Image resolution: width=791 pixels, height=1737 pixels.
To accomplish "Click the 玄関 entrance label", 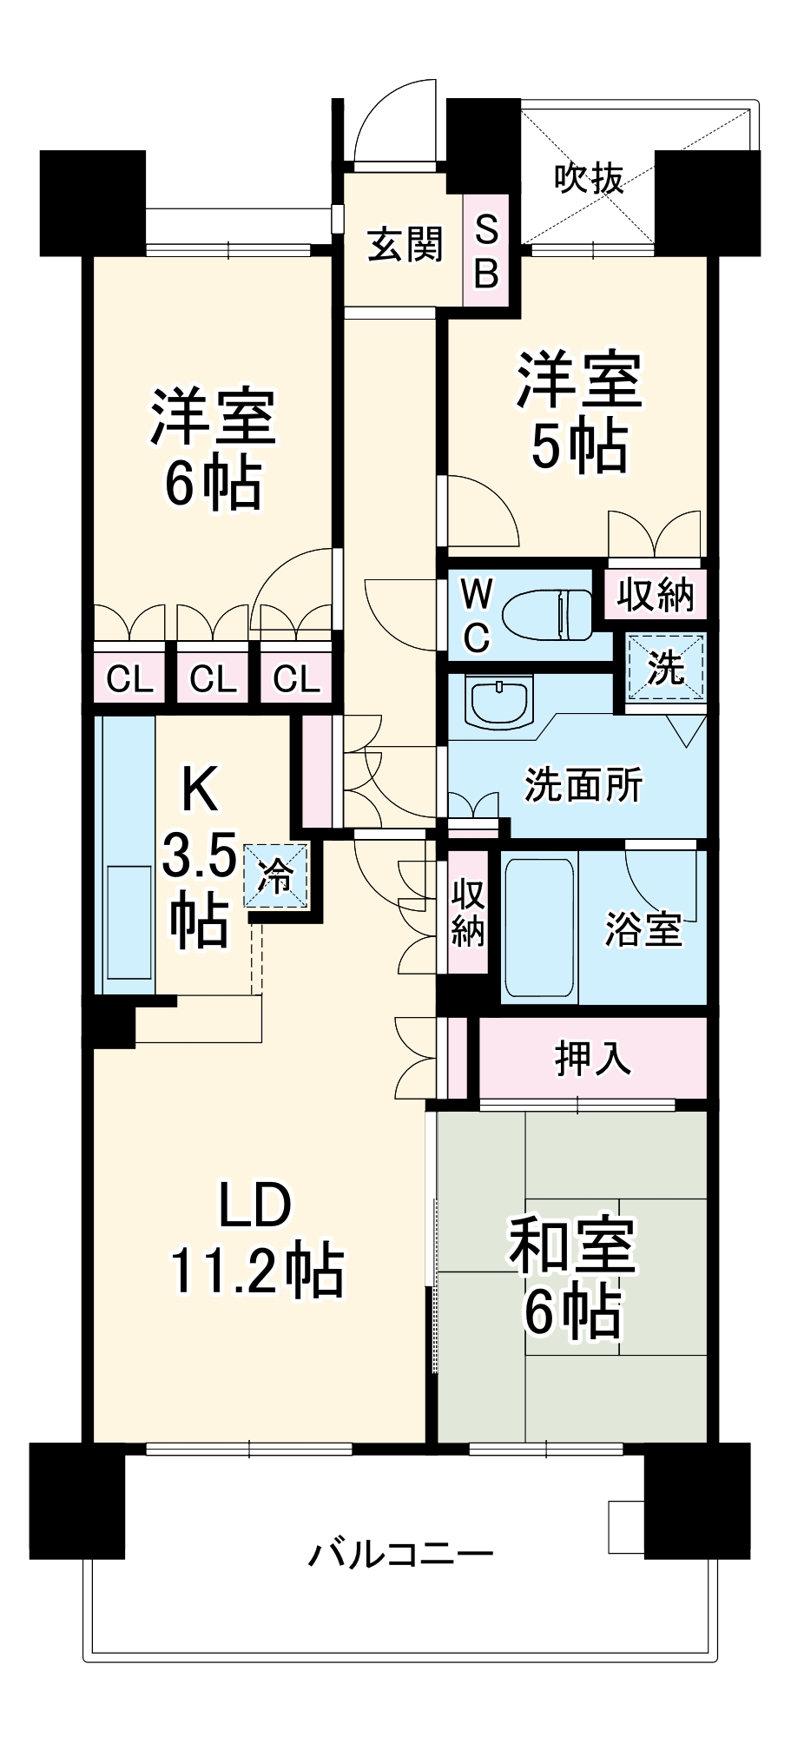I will [x=404, y=246].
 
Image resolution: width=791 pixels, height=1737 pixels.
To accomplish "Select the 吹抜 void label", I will [x=589, y=178].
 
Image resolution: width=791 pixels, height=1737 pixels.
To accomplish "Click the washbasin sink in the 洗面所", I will [x=498, y=701].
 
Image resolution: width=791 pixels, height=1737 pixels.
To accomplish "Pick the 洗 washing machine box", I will [x=666, y=667].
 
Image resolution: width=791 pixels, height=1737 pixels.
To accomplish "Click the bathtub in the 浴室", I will [x=539, y=926].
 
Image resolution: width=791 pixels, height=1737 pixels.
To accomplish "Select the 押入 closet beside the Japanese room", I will [x=593, y=1058].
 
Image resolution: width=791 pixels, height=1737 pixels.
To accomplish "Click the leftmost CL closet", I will [x=129, y=677].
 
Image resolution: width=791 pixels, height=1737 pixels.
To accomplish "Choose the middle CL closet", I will [x=213, y=677].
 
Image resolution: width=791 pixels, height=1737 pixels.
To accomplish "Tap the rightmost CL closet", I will [x=296, y=677].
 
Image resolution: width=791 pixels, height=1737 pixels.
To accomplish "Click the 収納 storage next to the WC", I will [x=656, y=595].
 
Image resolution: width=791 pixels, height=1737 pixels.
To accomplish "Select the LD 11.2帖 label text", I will [x=256, y=1238].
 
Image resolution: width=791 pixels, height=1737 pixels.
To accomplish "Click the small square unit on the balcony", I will [x=625, y=1527].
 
